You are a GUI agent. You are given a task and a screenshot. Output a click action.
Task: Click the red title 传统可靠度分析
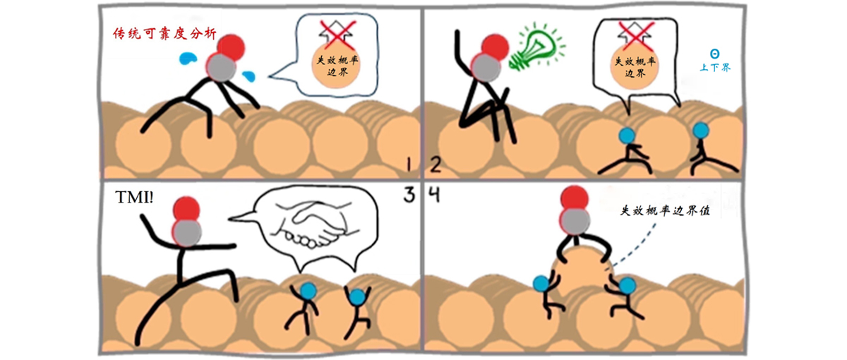tap(165, 34)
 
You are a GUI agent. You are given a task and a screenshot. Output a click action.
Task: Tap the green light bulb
tap(536, 47)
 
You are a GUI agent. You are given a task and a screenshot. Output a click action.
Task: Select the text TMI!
tap(134, 197)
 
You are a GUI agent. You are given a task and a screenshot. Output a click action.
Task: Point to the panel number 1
tap(409, 165)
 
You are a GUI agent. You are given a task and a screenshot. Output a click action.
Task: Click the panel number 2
tap(435, 165)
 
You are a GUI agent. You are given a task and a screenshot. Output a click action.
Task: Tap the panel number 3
tap(409, 195)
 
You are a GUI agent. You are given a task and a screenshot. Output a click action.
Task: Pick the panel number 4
tap(434, 195)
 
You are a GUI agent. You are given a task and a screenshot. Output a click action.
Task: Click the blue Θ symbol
tap(714, 54)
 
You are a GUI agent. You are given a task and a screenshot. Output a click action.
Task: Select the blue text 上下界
tap(715, 68)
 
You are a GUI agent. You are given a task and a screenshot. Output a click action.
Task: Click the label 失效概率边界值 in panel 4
tap(665, 210)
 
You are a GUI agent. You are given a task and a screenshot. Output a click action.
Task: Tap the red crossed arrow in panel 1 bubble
tap(337, 35)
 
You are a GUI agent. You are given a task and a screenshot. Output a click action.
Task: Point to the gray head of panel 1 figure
tap(221, 67)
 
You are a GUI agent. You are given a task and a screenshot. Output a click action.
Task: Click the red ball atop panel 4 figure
tap(574, 198)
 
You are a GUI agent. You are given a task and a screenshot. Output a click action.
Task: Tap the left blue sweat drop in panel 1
tap(188, 59)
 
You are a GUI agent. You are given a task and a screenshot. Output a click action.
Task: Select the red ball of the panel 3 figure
tap(186, 209)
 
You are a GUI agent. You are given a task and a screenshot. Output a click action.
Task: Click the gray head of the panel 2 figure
tap(486, 67)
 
